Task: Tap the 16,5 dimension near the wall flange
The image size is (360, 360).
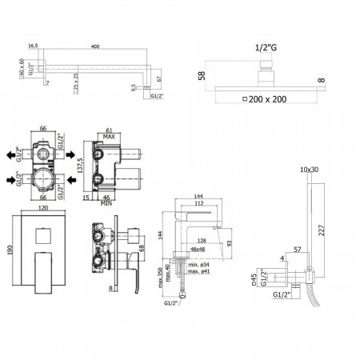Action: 34,46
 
